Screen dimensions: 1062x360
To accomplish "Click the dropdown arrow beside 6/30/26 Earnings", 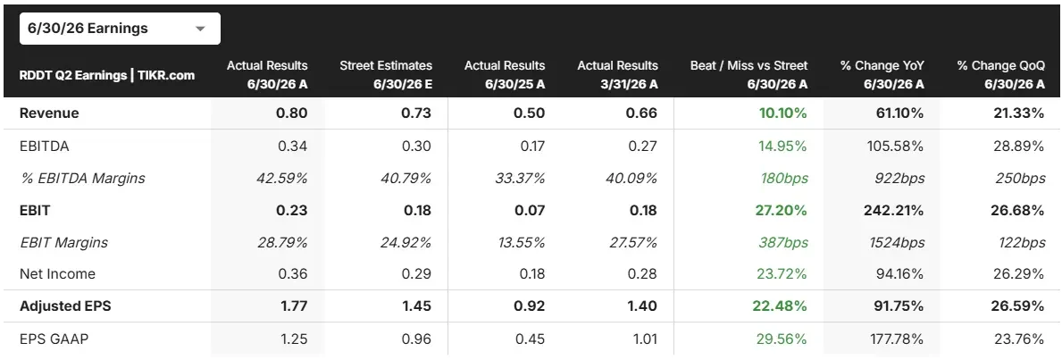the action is pyautogui.click(x=200, y=29).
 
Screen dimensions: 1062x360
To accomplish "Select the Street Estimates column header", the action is pyautogui.click(x=385, y=74).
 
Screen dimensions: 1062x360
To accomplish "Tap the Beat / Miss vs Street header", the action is pyautogui.click(x=749, y=74).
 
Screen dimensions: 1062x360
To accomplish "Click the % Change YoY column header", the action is pyautogui.click(x=882, y=74).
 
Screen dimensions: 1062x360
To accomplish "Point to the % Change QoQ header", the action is pyautogui.click(x=1001, y=74).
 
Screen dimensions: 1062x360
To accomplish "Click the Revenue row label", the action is pyautogui.click(x=49, y=113).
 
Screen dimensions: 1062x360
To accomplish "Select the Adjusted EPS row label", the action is pyautogui.click(x=65, y=306).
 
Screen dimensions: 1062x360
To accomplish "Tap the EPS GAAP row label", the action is pyautogui.click(x=54, y=338).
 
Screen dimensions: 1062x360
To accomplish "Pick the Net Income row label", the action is pyautogui.click(x=57, y=274).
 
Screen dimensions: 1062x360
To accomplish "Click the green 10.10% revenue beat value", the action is pyautogui.click(x=782, y=113).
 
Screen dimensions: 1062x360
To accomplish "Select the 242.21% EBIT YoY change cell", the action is pyautogui.click(x=895, y=210).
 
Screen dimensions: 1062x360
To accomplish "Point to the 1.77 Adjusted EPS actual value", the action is pyautogui.click(x=294, y=306).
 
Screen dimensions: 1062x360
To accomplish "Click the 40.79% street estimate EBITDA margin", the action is pyautogui.click(x=406, y=179).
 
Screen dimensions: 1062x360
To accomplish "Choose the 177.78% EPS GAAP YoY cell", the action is pyautogui.click(x=897, y=338).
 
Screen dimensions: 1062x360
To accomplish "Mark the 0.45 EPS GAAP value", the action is pyautogui.click(x=531, y=338).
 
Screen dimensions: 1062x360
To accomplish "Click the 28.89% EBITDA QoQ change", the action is pyautogui.click(x=1019, y=146).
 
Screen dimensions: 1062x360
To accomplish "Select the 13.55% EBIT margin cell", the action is pyautogui.click(x=520, y=242).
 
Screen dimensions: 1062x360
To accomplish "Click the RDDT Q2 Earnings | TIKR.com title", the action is pyautogui.click(x=107, y=74).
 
